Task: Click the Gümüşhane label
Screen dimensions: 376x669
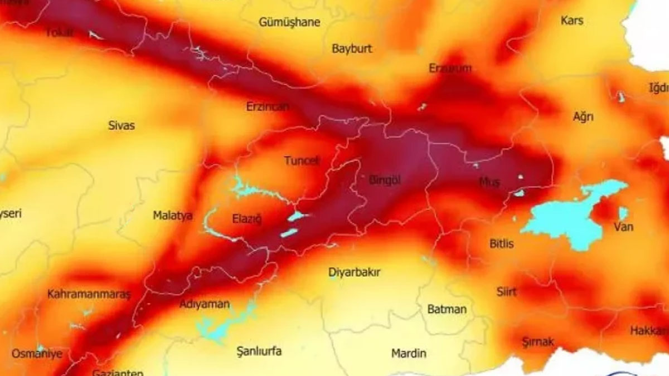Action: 289,22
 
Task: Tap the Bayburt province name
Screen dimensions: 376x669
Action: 351,48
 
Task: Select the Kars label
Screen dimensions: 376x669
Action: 572,21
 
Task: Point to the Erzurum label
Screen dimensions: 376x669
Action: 450,69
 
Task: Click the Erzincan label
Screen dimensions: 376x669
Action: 268,106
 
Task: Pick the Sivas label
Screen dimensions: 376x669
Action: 122,125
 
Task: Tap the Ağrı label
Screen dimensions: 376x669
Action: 583,117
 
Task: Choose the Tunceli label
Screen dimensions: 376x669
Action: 302,160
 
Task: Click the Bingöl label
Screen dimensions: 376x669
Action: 385,179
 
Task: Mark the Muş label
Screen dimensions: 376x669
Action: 489,182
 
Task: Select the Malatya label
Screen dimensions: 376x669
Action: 173,215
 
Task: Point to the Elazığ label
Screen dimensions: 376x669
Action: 246,217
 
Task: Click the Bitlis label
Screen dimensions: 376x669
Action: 501,243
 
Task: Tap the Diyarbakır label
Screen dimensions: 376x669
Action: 355,272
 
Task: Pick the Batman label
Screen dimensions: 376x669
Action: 447,309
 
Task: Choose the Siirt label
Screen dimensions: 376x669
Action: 506,291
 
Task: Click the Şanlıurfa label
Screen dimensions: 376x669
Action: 259,351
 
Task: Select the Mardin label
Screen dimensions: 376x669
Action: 409,353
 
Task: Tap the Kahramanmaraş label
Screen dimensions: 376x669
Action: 89,294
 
